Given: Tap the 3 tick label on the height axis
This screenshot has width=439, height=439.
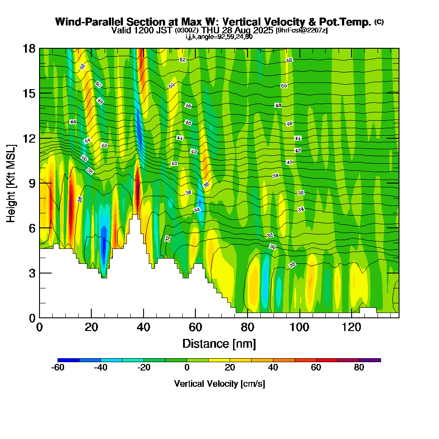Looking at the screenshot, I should (32, 273).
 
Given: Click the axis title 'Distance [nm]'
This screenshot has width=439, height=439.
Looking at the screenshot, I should (219, 343).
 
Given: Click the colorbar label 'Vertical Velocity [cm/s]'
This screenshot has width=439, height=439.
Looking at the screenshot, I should (219, 384).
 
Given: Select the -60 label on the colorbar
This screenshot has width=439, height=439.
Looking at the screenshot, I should (58, 368).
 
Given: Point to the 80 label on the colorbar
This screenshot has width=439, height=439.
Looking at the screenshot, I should (359, 368).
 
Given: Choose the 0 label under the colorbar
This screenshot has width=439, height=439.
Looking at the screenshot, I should (187, 368).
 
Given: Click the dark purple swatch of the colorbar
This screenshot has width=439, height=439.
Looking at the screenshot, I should (370, 360).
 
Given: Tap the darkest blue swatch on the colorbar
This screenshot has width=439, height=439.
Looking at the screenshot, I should (68, 360).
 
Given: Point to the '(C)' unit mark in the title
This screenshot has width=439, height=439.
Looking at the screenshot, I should (379, 22).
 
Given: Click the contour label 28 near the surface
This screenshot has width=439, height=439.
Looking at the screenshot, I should (292, 265).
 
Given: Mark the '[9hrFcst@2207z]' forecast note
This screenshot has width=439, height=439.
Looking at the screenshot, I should (301, 30).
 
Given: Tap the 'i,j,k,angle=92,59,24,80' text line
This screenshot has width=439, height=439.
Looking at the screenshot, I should (219, 36).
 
